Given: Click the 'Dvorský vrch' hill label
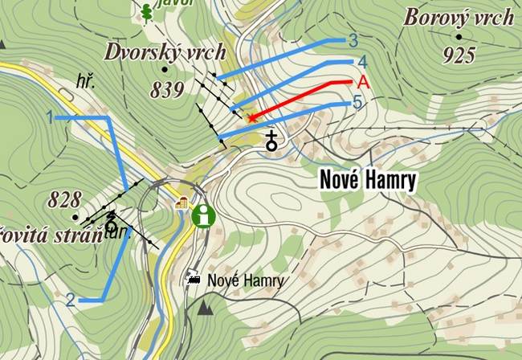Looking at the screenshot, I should [x=165, y=52].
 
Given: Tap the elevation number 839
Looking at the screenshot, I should [x=168, y=90].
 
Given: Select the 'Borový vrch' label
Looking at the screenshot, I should [x=459, y=17].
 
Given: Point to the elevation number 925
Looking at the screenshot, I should [x=459, y=55].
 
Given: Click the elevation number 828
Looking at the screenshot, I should [x=66, y=199].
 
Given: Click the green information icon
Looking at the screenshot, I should [x=203, y=215].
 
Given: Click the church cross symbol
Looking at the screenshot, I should [x=272, y=141].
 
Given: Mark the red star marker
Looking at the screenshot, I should [x=251, y=118].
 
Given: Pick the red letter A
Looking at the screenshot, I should [x=362, y=82].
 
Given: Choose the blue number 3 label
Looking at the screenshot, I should [x=353, y=40].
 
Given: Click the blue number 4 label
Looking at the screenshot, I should [x=362, y=61].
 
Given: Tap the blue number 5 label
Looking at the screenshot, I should [x=357, y=103].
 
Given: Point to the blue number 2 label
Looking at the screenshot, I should [x=71, y=301].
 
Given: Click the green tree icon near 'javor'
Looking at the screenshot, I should [x=146, y=11].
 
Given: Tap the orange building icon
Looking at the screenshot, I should [x=181, y=202].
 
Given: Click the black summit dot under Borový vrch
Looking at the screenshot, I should [x=459, y=37].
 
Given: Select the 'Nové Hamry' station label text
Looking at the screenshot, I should [x=246, y=280].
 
